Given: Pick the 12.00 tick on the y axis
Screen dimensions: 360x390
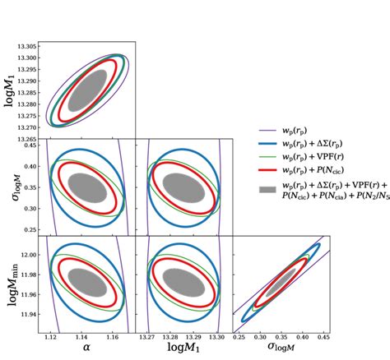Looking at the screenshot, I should [x=28, y=256].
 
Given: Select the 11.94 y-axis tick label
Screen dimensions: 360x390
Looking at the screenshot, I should [x=28, y=315].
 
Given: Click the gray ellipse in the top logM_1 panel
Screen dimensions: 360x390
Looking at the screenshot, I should [x=88, y=90].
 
